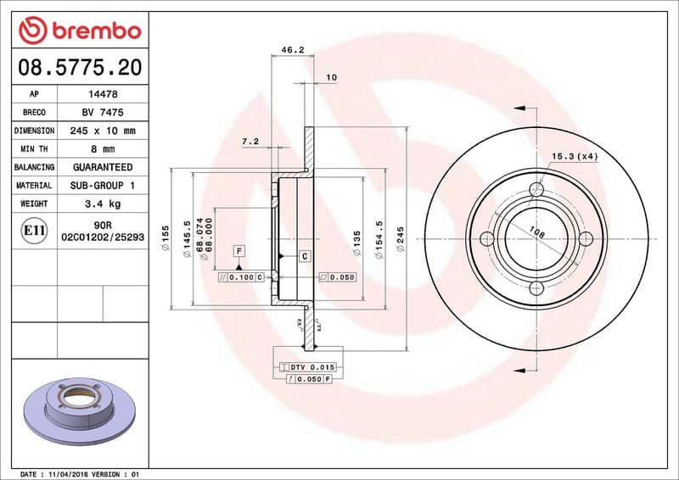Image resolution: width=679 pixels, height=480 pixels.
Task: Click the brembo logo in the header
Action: (78, 31)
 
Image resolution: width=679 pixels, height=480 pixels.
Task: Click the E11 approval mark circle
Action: (35, 230)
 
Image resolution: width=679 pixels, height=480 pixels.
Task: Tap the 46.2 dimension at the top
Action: (293, 50)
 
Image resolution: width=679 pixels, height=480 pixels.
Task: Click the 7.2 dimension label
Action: (250, 141)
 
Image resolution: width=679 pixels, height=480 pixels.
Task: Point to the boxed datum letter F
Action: (239, 251)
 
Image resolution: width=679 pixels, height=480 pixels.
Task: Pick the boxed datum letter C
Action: (304, 255)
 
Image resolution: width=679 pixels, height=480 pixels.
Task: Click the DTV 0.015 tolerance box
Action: (309, 366)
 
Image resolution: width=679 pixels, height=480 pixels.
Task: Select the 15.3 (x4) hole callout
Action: (575, 156)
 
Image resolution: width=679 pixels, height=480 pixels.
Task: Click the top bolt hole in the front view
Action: (536, 189)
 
